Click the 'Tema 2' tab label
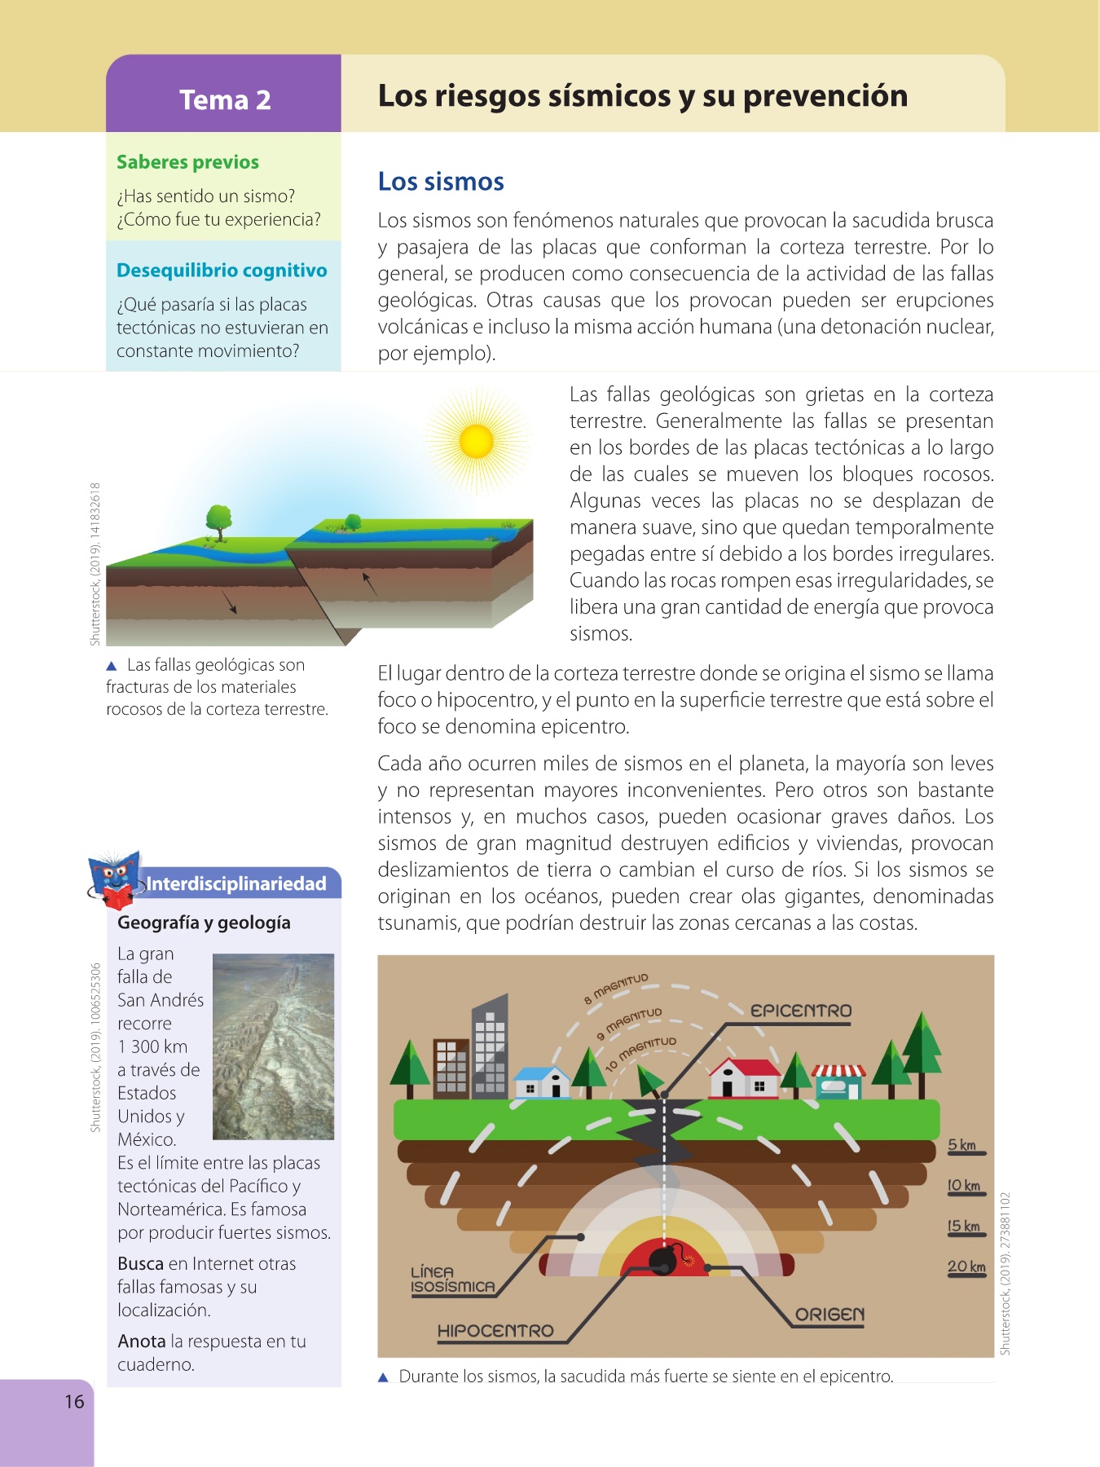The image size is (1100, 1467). pyautogui.click(x=225, y=99)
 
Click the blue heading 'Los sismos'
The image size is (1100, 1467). pyautogui.click(x=441, y=181)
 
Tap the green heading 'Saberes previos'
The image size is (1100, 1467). pyautogui.click(x=187, y=162)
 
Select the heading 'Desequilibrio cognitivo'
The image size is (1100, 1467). pyautogui.click(x=222, y=271)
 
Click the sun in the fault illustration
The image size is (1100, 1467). pyautogui.click(x=477, y=442)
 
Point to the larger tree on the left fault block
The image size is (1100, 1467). pyautogui.click(x=218, y=521)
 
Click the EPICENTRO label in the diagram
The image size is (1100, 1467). pyautogui.click(x=801, y=1011)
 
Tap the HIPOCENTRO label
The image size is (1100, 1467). pyautogui.click(x=495, y=1331)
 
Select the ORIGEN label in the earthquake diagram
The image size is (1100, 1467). pyautogui.click(x=829, y=1315)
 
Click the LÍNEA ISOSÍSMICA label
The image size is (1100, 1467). pyautogui.click(x=453, y=1280)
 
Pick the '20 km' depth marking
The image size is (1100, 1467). pyautogui.click(x=966, y=1267)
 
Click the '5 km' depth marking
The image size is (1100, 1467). pyautogui.click(x=962, y=1145)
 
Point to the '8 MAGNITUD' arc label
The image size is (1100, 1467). pyautogui.click(x=616, y=988)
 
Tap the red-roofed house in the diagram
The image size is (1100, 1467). pyautogui.click(x=743, y=1077)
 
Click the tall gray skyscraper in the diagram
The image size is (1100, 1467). pyautogui.click(x=490, y=1047)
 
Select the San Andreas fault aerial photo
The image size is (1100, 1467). pyautogui.click(x=273, y=1046)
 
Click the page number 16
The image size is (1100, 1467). pyautogui.click(x=74, y=1401)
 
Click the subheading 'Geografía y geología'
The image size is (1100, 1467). pyautogui.click(x=204, y=923)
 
